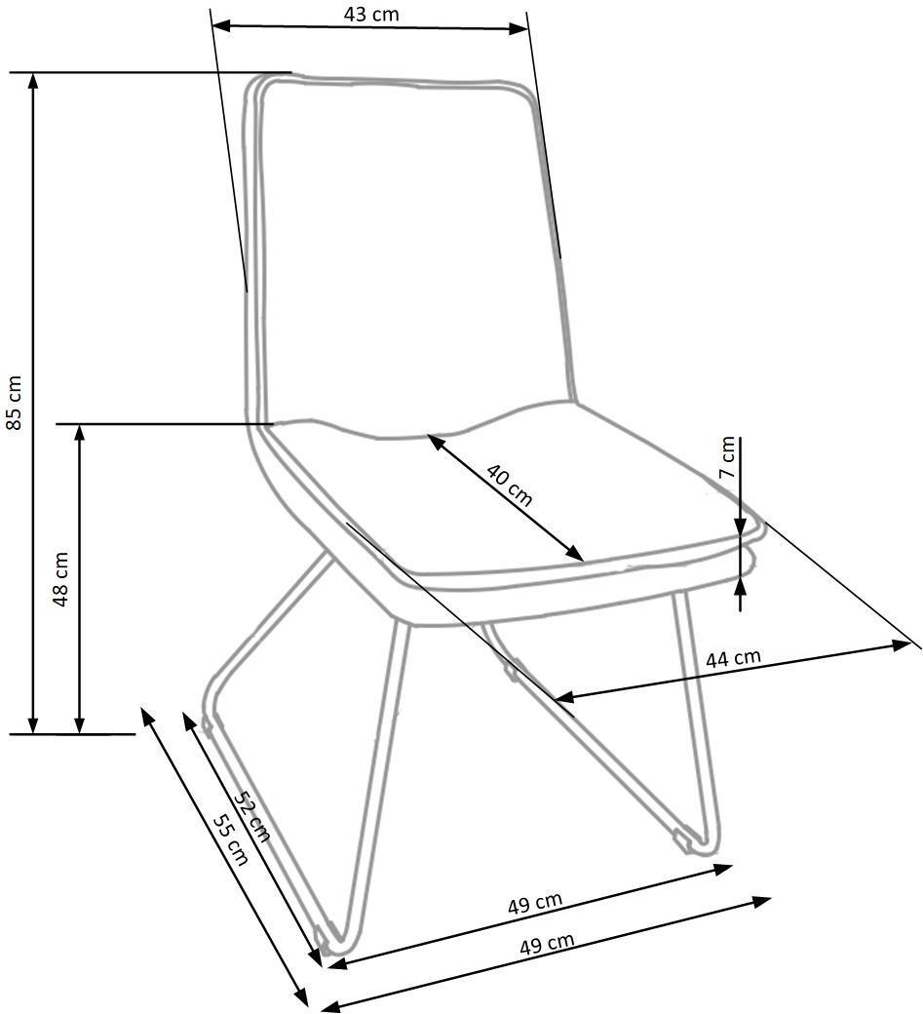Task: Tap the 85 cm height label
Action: tap(15, 402)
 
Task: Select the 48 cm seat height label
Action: tap(60, 579)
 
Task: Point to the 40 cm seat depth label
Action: tap(510, 485)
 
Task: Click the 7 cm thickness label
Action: tap(728, 457)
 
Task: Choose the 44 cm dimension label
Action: tap(733, 658)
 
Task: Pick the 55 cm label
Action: tap(231, 838)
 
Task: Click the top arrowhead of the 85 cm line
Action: tap(33, 80)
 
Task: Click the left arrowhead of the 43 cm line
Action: tap(220, 25)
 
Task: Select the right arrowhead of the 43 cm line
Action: tap(519, 28)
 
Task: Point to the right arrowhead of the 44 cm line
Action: tap(902, 644)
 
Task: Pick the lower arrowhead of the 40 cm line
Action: tap(575, 554)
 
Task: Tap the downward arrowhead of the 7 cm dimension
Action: tap(740, 526)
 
